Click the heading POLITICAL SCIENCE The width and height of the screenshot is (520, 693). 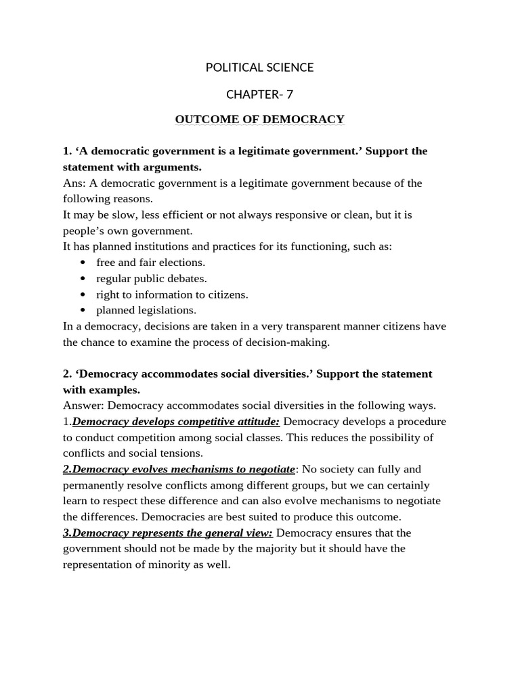pos(259,67)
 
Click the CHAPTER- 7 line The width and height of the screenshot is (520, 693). pos(259,94)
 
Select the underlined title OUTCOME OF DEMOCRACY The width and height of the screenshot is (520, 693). pos(259,120)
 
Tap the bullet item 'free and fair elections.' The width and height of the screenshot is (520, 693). pos(150,263)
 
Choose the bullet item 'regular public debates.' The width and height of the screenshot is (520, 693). pos(152,278)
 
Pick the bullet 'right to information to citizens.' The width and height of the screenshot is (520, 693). pos(172,294)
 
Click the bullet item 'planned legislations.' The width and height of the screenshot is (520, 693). pos(146,310)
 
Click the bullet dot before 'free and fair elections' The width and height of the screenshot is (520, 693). pos(83,263)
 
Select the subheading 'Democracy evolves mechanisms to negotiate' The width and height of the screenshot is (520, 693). pos(179,469)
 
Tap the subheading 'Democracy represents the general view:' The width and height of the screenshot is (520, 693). pos(168,533)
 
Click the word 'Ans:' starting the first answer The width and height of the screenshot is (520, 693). pos(74,183)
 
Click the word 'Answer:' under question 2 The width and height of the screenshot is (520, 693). pos(83,405)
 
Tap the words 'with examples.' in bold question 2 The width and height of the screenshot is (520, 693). pos(102,390)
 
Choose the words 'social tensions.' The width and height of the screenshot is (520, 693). pos(172,453)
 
